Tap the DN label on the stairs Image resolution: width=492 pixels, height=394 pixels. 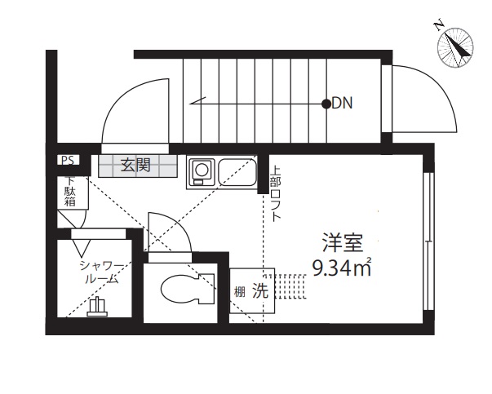pyautogui.click(x=342, y=104)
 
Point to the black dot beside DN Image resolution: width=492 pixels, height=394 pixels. pyautogui.click(x=326, y=104)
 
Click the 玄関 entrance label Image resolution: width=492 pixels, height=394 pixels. pyautogui.click(x=135, y=165)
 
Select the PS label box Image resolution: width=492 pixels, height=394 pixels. pyautogui.click(x=66, y=161)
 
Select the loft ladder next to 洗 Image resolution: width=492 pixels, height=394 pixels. pyautogui.click(x=290, y=288)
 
